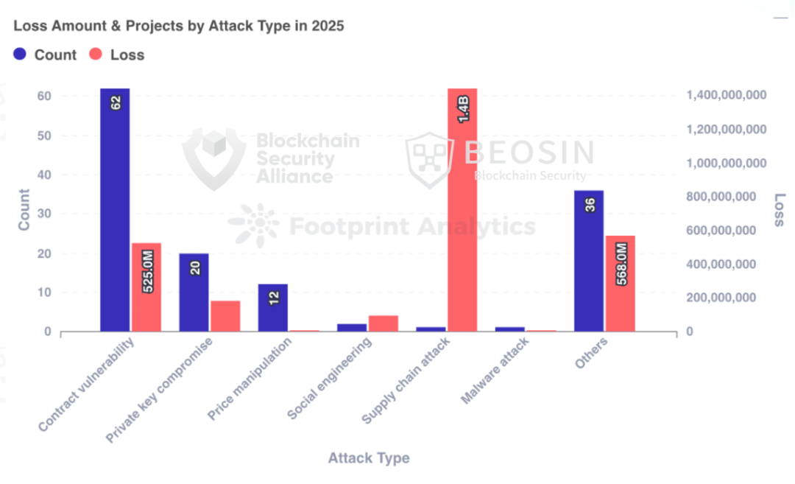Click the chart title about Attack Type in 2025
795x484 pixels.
point(179,26)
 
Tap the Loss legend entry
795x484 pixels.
point(117,55)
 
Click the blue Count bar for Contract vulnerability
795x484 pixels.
point(115,210)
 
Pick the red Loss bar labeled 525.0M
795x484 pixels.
point(146,287)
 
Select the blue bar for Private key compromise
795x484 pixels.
point(194,292)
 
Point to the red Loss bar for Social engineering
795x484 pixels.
point(384,323)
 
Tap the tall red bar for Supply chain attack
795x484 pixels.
point(462,210)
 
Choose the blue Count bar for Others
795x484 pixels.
point(589,261)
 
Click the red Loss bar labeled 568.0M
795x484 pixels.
point(621,284)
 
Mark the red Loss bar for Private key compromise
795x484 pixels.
point(225,316)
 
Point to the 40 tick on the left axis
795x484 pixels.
point(45,175)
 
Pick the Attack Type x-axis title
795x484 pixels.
point(368,458)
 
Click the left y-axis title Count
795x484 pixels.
point(24,210)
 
